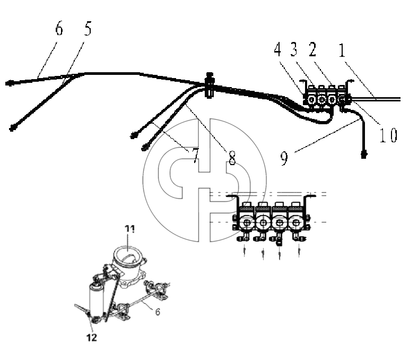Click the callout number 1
click(342, 50)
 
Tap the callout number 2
click(312, 49)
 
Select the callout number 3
click(294, 49)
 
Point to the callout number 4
click(277, 49)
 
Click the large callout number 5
click(88, 29)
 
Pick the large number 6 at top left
click(59, 29)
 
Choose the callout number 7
click(195, 156)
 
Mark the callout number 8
click(232, 158)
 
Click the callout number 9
click(284, 158)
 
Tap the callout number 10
click(388, 135)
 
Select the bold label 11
click(129, 229)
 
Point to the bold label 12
click(92, 338)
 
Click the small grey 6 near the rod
click(158, 312)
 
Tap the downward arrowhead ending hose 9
click(364, 155)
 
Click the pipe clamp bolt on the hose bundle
click(210, 85)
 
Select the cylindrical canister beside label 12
click(97, 300)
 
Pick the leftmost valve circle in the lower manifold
click(247, 222)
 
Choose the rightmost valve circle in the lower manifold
click(295, 222)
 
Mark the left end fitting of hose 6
click(9, 83)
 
